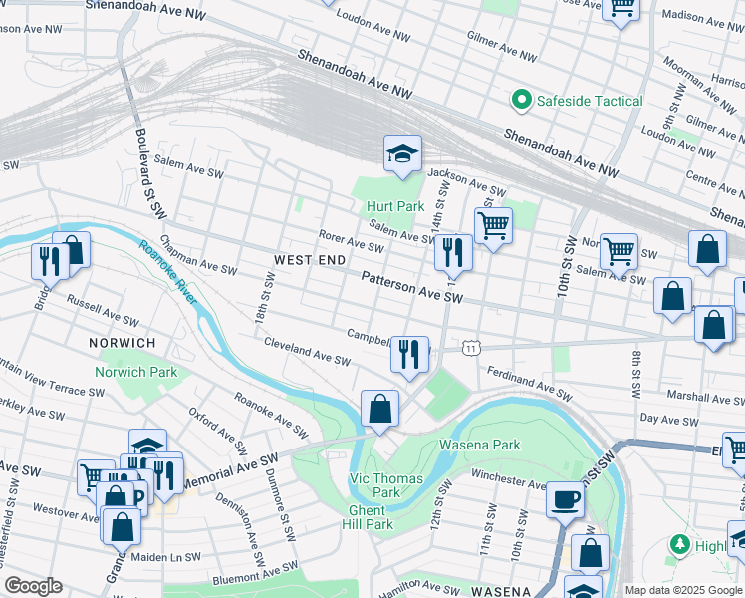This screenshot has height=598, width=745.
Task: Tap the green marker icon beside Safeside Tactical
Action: [x=520, y=100]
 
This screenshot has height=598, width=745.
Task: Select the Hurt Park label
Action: [x=395, y=206]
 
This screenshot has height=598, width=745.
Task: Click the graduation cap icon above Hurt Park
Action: [x=403, y=153]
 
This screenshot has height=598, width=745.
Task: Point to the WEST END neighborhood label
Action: [x=310, y=260]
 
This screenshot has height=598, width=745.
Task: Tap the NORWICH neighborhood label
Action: [x=122, y=343]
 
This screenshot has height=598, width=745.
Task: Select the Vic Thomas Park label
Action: [x=386, y=485]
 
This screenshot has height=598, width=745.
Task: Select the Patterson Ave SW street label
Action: [x=412, y=290]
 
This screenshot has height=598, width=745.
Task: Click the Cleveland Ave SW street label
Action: [x=307, y=350]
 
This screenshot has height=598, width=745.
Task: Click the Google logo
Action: [x=33, y=586]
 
